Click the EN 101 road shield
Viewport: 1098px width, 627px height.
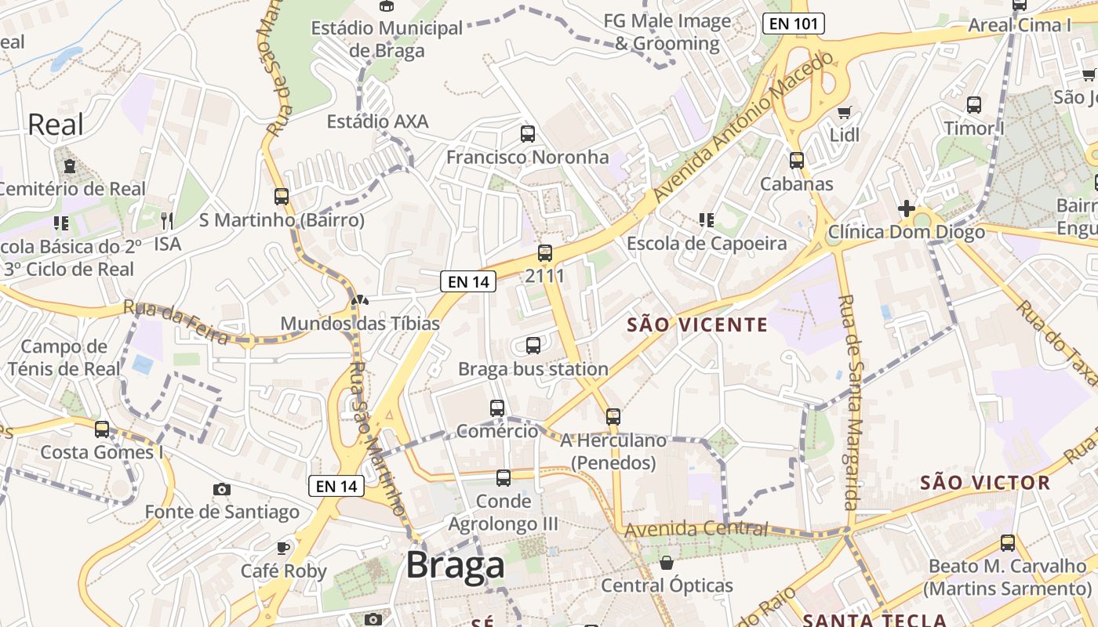pyautogui.click(x=794, y=24)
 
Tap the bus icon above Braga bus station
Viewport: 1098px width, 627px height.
pyautogui.click(x=533, y=345)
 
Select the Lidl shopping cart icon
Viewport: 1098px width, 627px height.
pyautogui.click(x=844, y=113)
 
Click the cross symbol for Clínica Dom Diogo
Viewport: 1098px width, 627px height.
pyautogui.click(x=906, y=208)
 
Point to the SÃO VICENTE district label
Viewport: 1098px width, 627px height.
pyautogui.click(x=697, y=324)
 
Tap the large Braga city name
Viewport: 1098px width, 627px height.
pyautogui.click(x=455, y=565)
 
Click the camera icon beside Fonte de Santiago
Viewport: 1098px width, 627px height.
pyautogui.click(x=222, y=489)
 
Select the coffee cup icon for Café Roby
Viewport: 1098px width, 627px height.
pyautogui.click(x=282, y=548)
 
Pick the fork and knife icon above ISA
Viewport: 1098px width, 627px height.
pyautogui.click(x=166, y=220)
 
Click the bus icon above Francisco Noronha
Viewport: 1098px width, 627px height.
pyautogui.click(x=528, y=133)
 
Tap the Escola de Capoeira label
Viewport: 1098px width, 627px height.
pyautogui.click(x=707, y=244)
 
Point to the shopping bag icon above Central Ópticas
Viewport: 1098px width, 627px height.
pyautogui.click(x=667, y=563)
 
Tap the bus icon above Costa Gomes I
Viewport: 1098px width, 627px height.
pyautogui.click(x=102, y=429)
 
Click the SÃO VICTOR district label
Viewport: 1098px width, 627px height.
pyautogui.click(x=985, y=482)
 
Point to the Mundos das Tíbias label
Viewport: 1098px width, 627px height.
pyautogui.click(x=360, y=323)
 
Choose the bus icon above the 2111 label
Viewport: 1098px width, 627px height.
pyautogui.click(x=545, y=253)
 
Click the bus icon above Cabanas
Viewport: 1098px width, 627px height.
pyautogui.click(x=797, y=161)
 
